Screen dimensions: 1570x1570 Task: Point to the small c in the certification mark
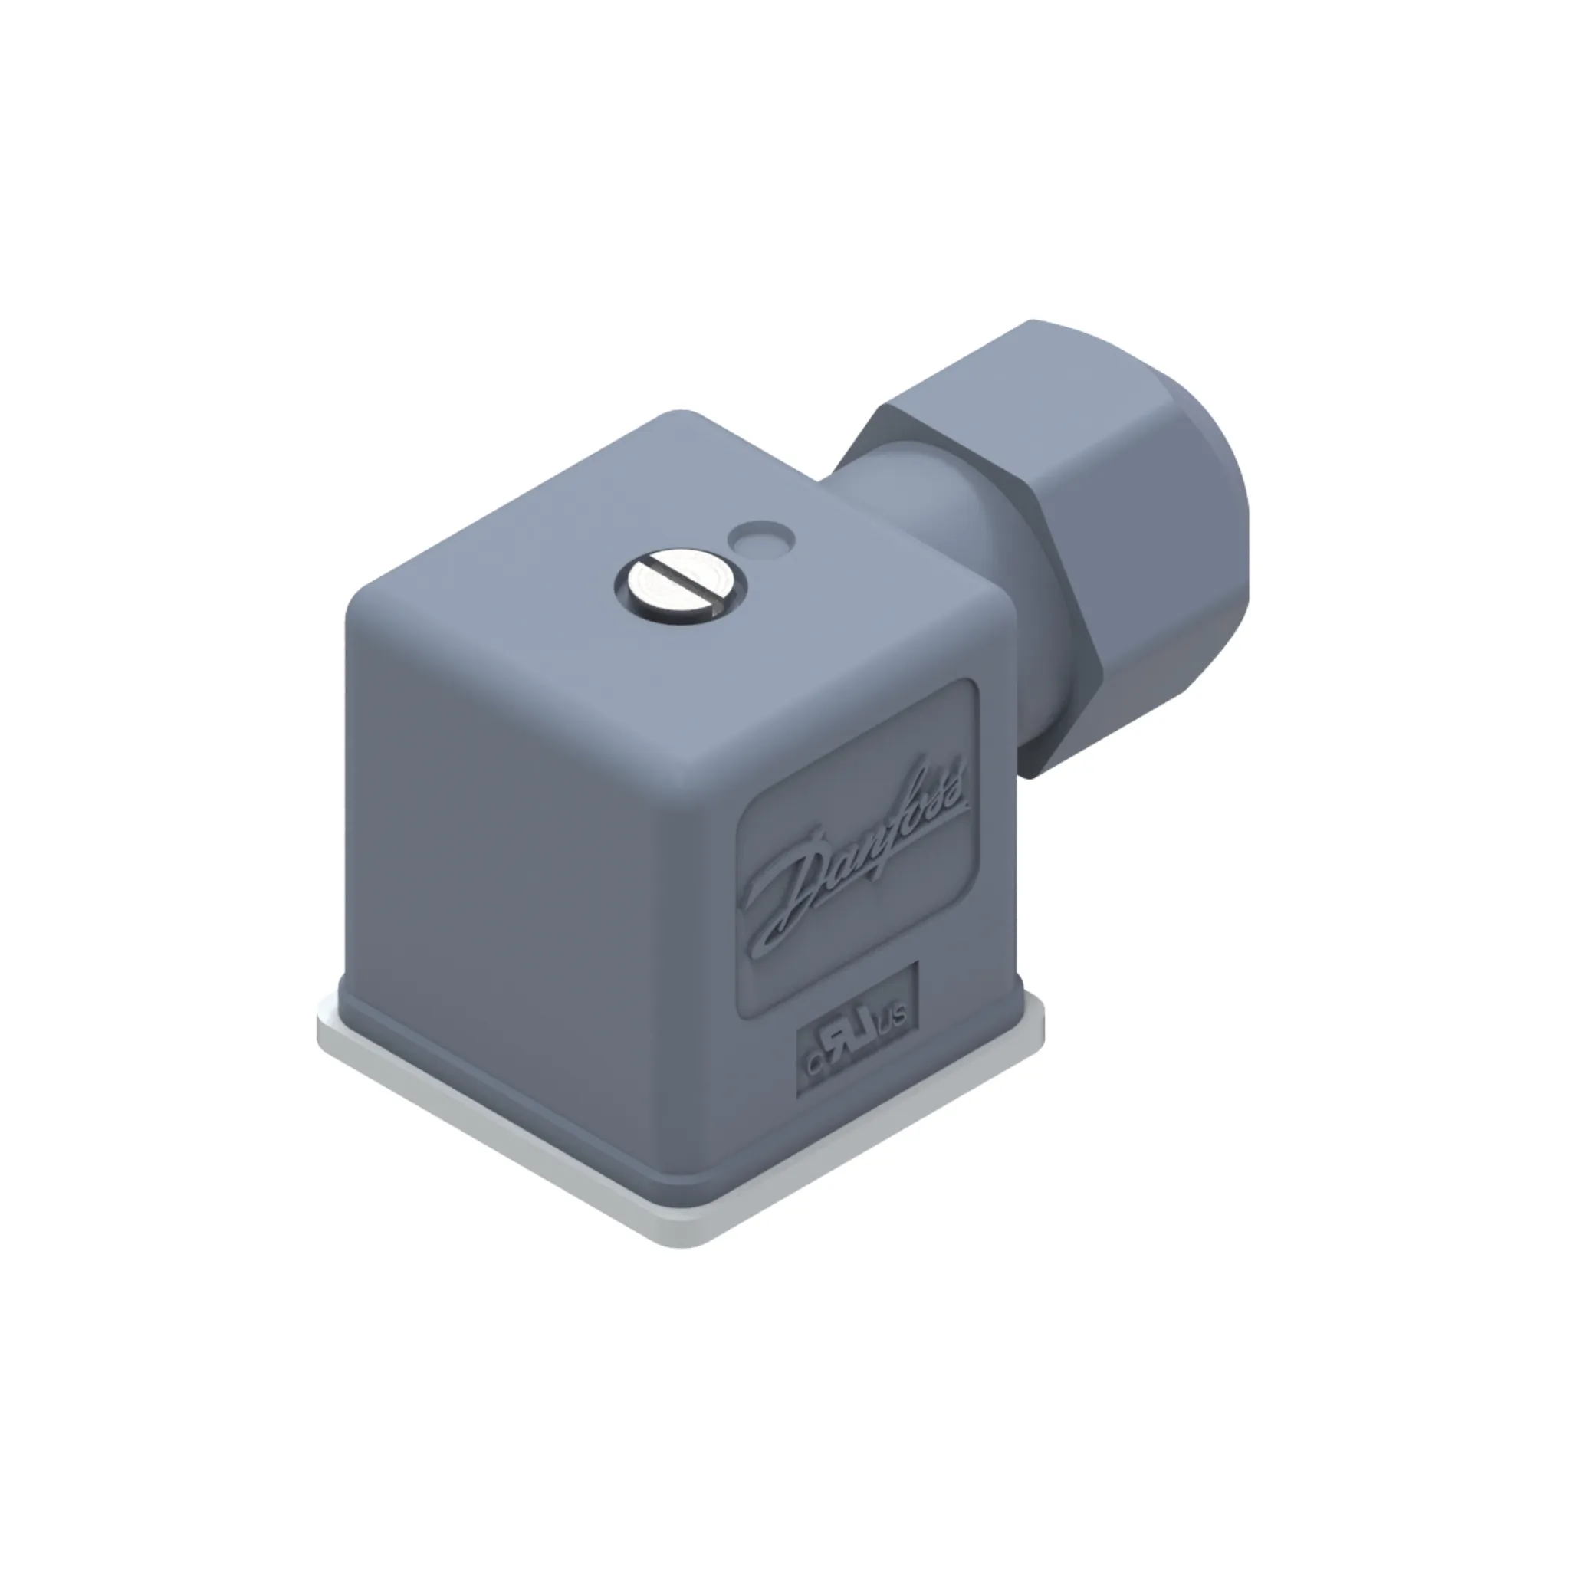tap(814, 1065)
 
